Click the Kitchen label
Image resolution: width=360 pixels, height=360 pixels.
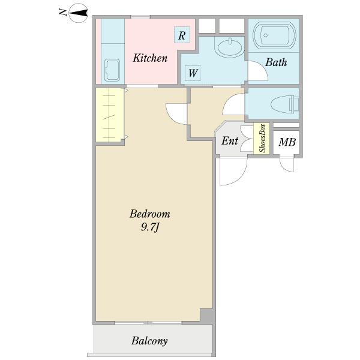coord(150,58)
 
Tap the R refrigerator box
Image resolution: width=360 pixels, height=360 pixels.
coord(182,35)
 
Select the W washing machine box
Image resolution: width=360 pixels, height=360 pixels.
coord(193,73)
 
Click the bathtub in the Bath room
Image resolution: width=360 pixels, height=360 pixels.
coord(274,35)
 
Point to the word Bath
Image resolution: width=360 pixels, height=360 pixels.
coord(276,62)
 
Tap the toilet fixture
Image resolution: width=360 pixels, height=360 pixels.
coord(285,104)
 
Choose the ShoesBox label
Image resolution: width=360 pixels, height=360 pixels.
coord(262,138)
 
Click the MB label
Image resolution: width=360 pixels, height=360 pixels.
coord(287,142)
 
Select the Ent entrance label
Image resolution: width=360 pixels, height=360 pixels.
coord(230,141)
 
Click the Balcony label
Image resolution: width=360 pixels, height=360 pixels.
coord(149,341)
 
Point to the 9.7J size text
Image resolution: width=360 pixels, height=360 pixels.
coord(149,227)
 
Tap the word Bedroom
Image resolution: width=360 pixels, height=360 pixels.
coord(149,214)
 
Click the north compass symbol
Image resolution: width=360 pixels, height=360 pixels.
coord(78,13)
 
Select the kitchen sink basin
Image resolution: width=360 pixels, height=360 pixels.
coord(112,70)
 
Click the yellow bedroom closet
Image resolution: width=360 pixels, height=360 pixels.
coord(110,115)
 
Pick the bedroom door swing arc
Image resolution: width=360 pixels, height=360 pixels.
coord(176,114)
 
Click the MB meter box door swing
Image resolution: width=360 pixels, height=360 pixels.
coord(287,164)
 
